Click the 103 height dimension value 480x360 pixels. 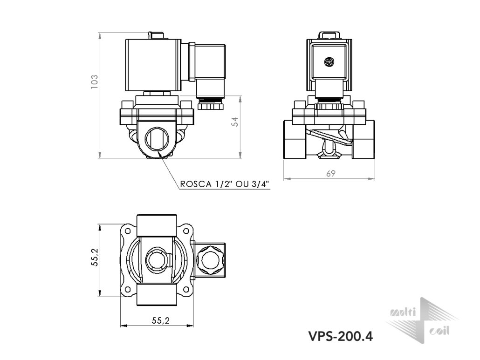point(94,82)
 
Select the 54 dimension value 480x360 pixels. point(234,122)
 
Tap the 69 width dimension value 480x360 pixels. point(330,173)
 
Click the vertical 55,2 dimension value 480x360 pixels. point(95,257)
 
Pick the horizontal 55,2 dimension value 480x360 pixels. point(160,320)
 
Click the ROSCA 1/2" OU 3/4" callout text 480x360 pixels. point(224,184)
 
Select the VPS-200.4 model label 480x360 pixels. point(340,336)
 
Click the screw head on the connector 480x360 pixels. point(329,62)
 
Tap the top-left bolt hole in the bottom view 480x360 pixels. point(128,231)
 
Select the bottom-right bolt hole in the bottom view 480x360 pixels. point(185,289)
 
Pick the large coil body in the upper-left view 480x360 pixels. point(153,65)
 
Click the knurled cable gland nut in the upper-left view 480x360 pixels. point(211,106)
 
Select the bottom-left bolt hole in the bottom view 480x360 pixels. point(128,289)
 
